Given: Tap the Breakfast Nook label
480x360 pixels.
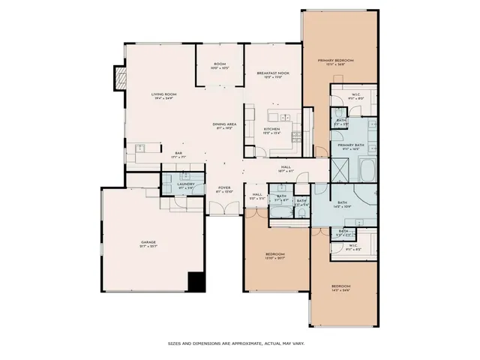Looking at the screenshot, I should [274, 73].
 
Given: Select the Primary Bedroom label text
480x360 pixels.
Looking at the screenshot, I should [335, 60].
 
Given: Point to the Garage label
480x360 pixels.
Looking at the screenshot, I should [148, 241].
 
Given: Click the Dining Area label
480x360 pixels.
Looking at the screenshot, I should [225, 124].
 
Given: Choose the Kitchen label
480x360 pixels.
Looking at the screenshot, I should [271, 129].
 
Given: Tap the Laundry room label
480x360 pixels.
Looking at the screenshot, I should [186, 184].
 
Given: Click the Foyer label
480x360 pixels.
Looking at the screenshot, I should [225, 187].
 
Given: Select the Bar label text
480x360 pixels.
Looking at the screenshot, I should [178, 154].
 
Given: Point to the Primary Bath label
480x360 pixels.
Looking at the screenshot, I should [350, 145].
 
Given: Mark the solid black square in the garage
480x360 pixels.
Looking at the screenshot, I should [196, 282].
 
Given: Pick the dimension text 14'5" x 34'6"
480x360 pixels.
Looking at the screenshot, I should [341, 290].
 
